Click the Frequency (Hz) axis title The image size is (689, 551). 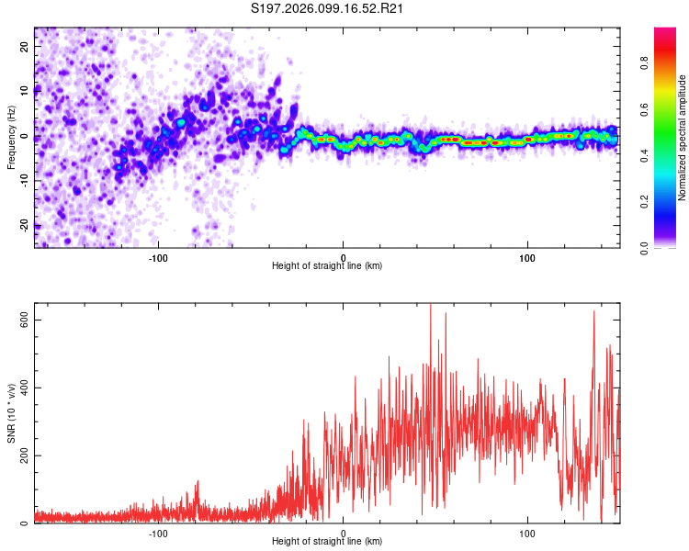pos(11,137)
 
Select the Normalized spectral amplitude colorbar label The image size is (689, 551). pos(683,138)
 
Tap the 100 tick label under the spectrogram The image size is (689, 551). pos(528,256)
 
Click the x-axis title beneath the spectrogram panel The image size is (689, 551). pos(327,266)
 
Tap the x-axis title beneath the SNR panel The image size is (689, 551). pos(327,542)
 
